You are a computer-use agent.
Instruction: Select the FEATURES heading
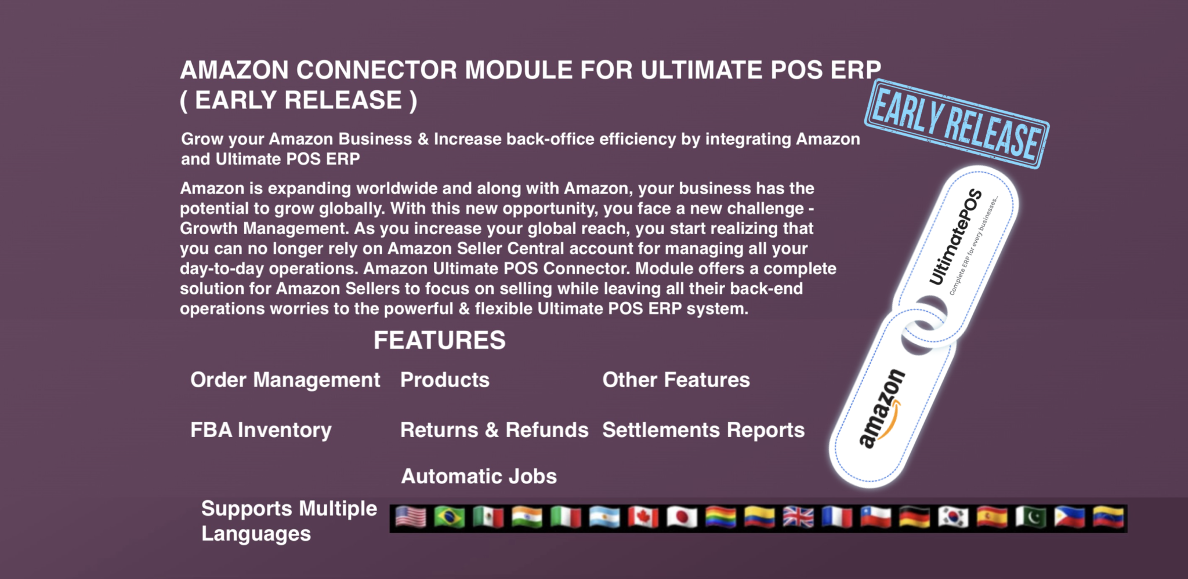pos(439,340)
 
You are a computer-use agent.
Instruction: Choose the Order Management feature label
pos(285,380)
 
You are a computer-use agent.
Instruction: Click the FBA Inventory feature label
pos(261,430)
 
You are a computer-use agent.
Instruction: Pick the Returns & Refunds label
pos(494,430)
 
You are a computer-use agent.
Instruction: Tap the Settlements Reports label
pos(703,430)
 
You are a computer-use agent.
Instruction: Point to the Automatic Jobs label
pos(479,476)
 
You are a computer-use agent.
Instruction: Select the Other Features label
pos(676,380)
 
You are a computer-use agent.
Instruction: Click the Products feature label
pos(445,380)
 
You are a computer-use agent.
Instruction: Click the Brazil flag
pos(450,518)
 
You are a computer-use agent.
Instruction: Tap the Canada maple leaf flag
pos(643,518)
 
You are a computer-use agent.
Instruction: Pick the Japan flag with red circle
pos(682,518)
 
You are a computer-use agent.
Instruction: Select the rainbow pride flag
pos(721,518)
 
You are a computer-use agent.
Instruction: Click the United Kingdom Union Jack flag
pos(798,518)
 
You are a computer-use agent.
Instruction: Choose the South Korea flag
pos(953,518)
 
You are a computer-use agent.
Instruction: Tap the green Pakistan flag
pos(1031,518)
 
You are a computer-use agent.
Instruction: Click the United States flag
pos(411,518)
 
